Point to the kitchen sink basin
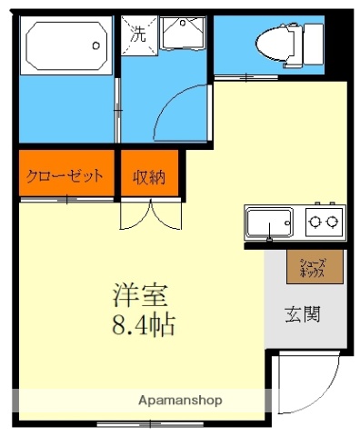(269, 222)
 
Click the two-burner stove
(324, 221)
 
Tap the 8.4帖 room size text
(143, 323)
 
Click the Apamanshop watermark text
(180, 400)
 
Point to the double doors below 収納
(149, 214)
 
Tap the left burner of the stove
(315, 221)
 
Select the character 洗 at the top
(138, 36)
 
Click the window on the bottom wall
(136, 423)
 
